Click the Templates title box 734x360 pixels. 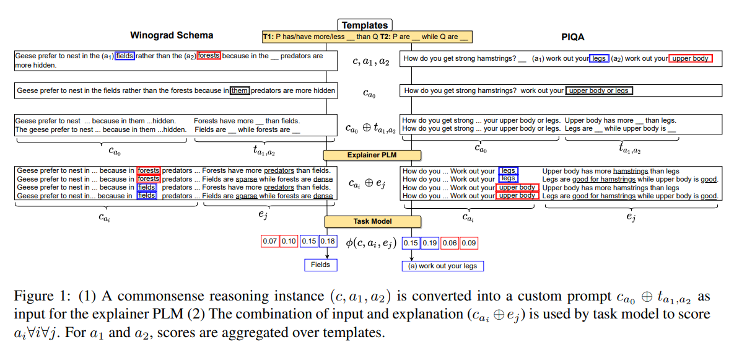point(365,25)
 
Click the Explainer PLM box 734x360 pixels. point(372,155)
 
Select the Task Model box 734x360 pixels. point(372,221)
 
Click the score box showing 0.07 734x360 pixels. point(270,242)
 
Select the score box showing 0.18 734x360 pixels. point(328,242)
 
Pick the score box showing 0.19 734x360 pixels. point(430,243)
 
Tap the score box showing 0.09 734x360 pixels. point(469,243)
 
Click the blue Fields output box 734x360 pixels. point(320,265)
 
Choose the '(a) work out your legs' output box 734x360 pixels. point(442,266)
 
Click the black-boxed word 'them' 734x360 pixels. point(239,90)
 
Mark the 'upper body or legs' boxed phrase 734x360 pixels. point(598,90)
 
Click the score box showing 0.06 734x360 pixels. point(450,243)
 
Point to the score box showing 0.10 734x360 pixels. point(289,242)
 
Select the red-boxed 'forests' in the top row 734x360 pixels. point(209,55)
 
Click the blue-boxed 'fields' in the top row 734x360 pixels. point(125,55)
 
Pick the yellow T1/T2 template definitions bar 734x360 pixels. point(367,37)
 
